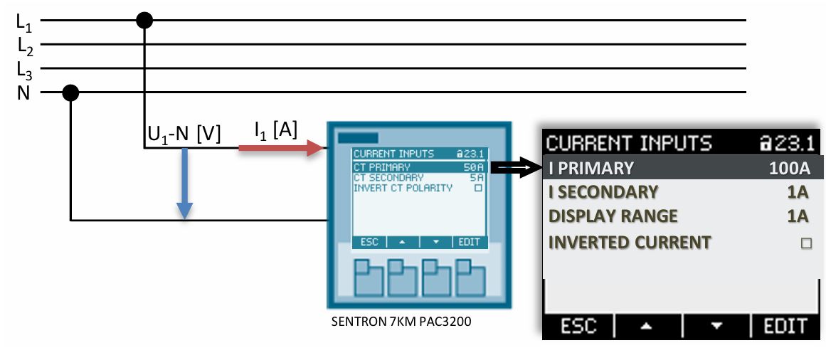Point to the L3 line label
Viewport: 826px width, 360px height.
(x=25, y=70)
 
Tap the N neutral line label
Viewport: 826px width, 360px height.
(x=23, y=92)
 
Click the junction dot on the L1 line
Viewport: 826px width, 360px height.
(x=144, y=21)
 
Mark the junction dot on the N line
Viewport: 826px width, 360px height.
(x=70, y=92)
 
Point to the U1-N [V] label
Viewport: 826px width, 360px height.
(x=184, y=133)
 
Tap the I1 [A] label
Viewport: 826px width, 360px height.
(x=275, y=129)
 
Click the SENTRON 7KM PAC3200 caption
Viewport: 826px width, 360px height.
(x=401, y=321)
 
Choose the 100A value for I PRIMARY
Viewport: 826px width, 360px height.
(x=789, y=169)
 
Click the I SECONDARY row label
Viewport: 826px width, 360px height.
(x=603, y=192)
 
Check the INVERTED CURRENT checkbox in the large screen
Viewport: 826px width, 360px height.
(x=806, y=243)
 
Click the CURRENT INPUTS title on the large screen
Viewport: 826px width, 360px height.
(x=628, y=143)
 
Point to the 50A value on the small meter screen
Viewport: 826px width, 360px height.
(x=474, y=166)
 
